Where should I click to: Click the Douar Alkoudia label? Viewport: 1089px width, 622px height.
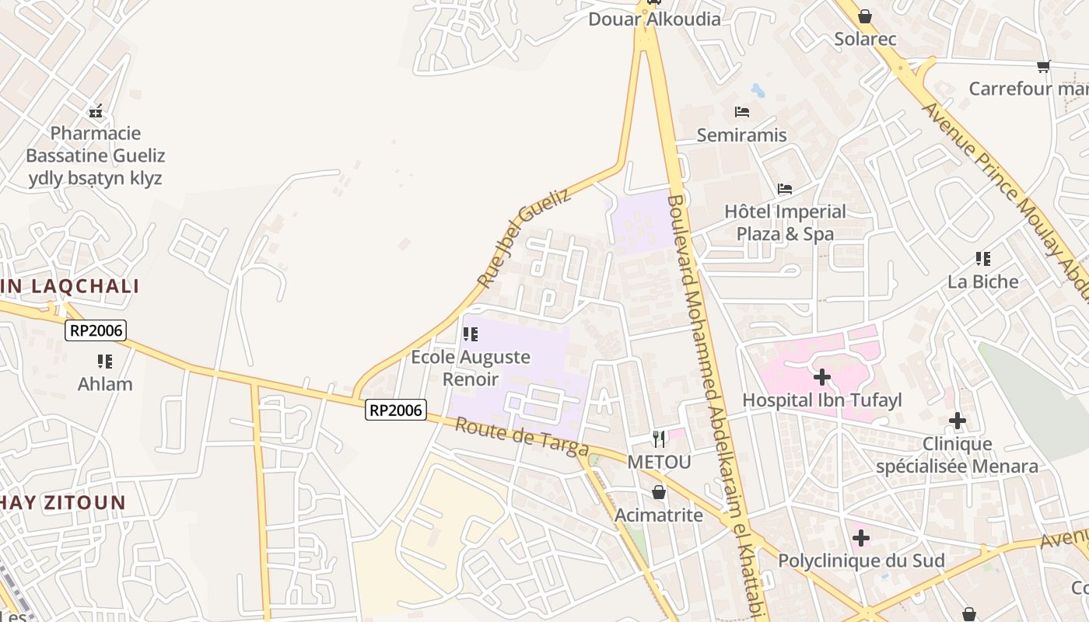coord(654,19)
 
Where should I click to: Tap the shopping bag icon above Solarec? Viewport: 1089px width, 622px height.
coord(865,16)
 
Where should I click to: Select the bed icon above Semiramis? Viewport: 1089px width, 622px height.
coord(741,112)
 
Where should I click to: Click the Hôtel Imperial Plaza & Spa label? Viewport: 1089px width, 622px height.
coord(785,222)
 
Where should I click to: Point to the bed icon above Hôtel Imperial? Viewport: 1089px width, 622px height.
coord(785,189)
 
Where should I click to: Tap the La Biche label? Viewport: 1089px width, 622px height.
coord(982,281)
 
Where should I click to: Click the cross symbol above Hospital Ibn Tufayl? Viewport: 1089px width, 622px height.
coord(822,378)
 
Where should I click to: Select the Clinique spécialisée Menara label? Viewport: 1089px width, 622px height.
coord(957,456)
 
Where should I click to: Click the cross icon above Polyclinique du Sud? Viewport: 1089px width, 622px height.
coord(860,538)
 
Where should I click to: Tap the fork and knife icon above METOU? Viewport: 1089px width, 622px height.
coord(659,439)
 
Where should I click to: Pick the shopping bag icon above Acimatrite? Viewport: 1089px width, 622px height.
coord(659,492)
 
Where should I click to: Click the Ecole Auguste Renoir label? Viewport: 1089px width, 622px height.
coord(471,368)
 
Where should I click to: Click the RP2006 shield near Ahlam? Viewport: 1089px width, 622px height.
coord(96,330)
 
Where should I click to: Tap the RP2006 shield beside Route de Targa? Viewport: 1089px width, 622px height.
coord(396,410)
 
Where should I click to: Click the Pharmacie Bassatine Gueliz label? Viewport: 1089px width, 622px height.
coord(96,155)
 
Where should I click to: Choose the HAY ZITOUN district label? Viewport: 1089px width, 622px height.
coord(62,503)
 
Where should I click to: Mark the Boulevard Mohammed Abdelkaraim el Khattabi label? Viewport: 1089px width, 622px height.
coord(714,404)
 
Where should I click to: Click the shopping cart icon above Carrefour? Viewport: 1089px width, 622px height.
coord(1043,66)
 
